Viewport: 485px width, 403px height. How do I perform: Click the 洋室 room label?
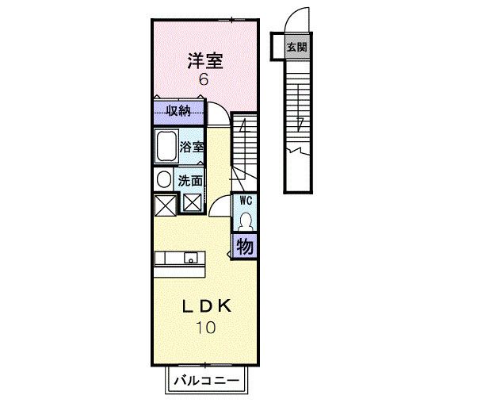[x=205, y=61]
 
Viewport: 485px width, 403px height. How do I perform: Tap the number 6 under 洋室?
[x=204, y=80]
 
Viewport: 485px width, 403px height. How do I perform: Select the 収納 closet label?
[x=178, y=110]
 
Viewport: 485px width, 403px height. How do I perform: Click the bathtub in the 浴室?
[x=166, y=146]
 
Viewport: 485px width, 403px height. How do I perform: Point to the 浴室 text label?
[x=192, y=147]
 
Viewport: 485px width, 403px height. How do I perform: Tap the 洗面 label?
[x=190, y=181]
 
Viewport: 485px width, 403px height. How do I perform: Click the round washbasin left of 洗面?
[x=164, y=179]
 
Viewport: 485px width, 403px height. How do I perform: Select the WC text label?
[x=246, y=201]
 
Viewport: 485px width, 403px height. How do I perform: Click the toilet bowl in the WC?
[x=246, y=221]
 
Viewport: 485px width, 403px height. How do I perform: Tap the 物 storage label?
[x=245, y=247]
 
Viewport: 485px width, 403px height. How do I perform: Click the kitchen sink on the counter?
[x=191, y=258]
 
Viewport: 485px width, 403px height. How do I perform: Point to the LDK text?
[x=207, y=306]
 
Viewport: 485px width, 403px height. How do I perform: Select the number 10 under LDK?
[x=206, y=328]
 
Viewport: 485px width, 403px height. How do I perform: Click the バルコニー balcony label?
[x=207, y=380]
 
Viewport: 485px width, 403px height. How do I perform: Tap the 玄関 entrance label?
[x=297, y=48]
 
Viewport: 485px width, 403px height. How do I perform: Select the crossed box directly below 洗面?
[x=193, y=203]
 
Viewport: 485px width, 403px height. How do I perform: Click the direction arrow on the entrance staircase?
[x=299, y=107]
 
